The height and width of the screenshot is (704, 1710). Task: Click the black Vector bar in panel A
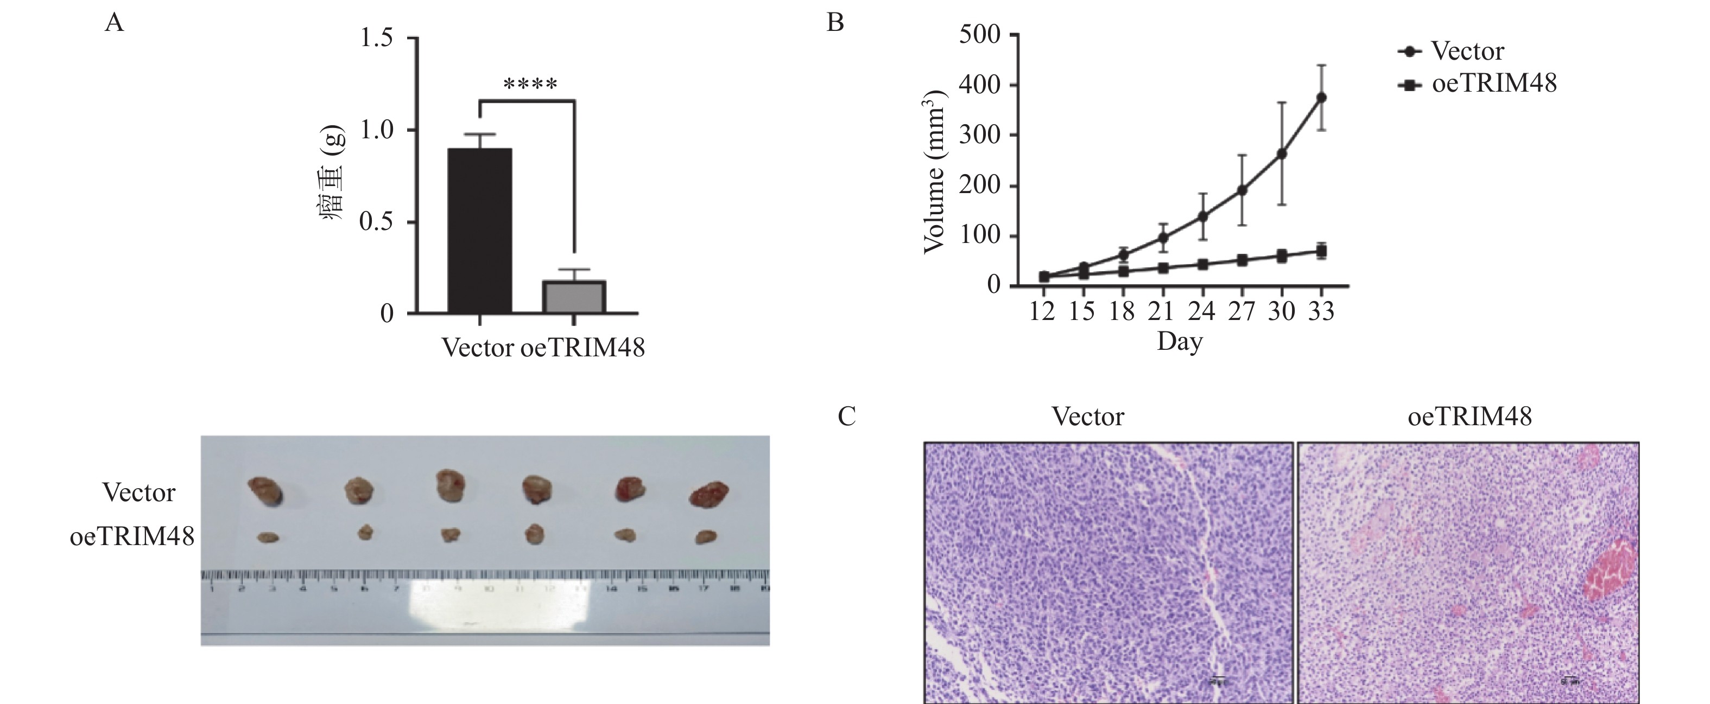tap(479, 231)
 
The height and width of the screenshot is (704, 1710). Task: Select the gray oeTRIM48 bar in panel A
tap(574, 297)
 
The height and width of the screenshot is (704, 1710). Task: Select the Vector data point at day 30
tap(1282, 154)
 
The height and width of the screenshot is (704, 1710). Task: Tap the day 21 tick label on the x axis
tap(1162, 311)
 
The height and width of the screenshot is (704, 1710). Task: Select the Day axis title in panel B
tap(1180, 342)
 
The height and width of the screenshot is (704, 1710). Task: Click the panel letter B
tap(835, 23)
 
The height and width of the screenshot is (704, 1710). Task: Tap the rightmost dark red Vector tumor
tap(709, 494)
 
